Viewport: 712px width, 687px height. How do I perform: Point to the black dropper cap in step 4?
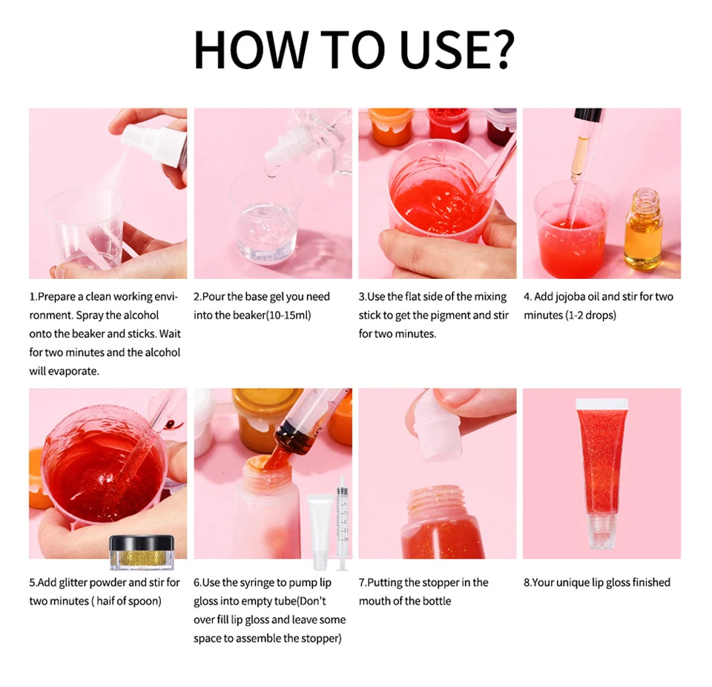pos(588,116)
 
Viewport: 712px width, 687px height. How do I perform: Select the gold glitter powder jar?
pos(141,553)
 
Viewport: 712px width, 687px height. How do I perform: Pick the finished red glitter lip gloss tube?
pos(601,464)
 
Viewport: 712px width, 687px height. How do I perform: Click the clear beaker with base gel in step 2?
pos(267,223)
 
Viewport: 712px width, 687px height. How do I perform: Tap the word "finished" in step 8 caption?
pos(650,583)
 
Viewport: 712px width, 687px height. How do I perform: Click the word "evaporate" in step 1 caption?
pos(73,371)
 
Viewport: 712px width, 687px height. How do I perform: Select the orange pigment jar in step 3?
pos(390,125)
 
